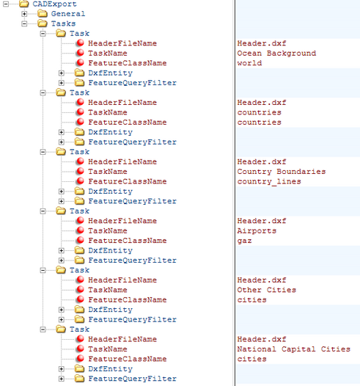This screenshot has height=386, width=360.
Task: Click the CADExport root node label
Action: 54,4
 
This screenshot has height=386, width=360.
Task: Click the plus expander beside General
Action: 24,14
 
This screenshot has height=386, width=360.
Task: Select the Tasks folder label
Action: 63,23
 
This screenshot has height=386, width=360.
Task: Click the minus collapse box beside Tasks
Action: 24,23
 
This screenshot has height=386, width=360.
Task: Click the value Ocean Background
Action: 276,53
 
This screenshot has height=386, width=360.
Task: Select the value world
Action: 249,63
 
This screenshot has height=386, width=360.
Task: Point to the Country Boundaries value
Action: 282,171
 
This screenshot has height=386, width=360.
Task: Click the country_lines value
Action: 269,181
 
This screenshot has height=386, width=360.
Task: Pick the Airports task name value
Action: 257,230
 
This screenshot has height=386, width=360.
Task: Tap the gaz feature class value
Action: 244,241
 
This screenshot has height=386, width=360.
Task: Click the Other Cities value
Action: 267,290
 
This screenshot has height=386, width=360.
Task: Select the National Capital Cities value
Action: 294,349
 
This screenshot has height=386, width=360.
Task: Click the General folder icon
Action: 43,13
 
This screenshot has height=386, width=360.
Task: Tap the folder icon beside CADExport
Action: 24,4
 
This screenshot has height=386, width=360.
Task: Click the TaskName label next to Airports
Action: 108,230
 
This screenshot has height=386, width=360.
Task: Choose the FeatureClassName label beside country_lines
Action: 128,181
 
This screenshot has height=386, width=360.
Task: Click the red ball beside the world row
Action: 80,62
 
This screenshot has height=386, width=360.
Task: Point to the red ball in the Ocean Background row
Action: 80,53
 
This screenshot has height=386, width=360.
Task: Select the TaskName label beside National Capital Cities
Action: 108,349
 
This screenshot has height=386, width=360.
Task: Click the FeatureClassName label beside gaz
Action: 128,241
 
